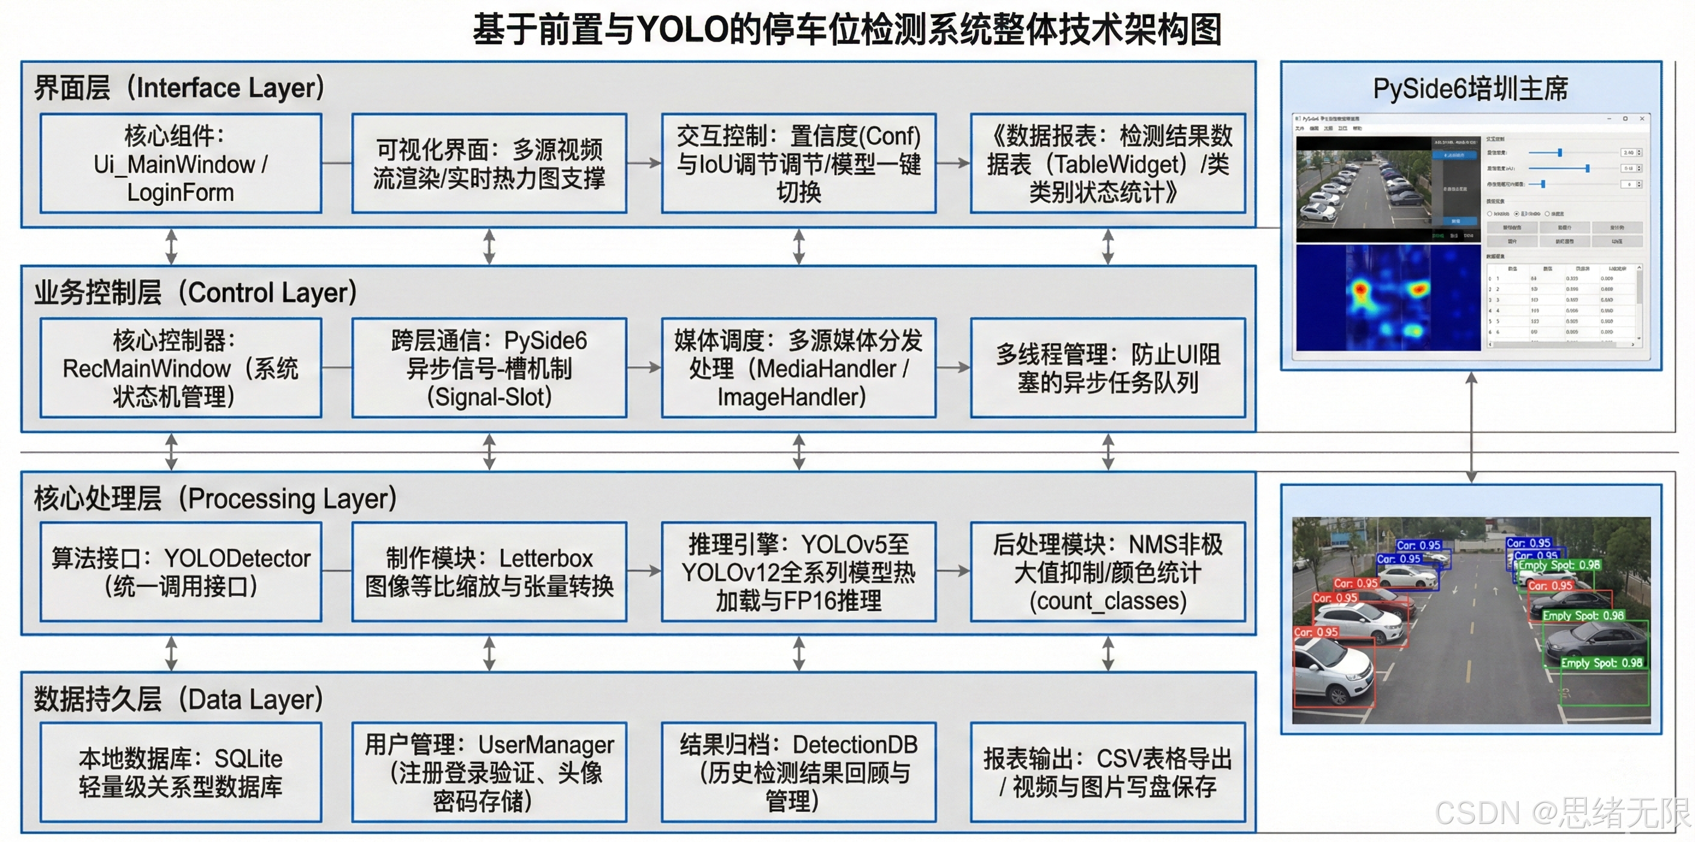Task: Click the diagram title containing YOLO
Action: pos(847,29)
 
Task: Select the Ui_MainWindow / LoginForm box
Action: pos(181,164)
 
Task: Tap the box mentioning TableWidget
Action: pos(1108,164)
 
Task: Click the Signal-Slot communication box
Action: pos(489,368)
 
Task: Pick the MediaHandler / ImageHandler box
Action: pos(798,368)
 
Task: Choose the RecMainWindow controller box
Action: pos(181,368)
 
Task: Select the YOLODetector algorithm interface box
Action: pos(181,572)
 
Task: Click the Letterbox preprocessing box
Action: pos(489,572)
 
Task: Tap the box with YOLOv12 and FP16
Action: pos(798,572)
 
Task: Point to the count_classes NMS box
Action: pos(1108,572)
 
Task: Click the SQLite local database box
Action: pos(181,772)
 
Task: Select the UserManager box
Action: pos(489,772)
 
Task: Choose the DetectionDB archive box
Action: pos(798,772)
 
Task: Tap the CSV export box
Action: pos(1108,772)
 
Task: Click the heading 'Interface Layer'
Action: pos(179,87)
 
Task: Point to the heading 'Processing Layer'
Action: pos(215,498)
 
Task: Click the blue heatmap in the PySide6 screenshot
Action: pos(1389,297)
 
